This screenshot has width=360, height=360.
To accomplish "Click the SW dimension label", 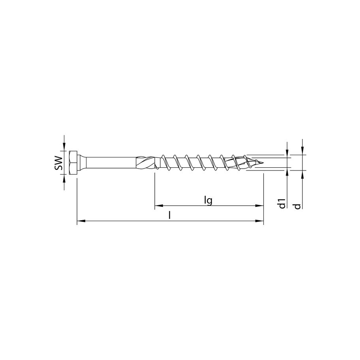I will coord(58,163).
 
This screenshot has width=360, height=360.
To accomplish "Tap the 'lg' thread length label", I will coord(208,200).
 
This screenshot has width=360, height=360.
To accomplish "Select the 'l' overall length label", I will coord(170,215).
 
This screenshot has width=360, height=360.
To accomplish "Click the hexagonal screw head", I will coord(73,163).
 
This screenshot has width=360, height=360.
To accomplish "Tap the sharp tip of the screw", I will coord(262,162).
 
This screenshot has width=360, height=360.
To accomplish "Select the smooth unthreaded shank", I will coord(111,163).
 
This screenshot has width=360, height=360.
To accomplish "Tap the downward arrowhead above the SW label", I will coord(64,148).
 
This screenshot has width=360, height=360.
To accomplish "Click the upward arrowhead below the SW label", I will coord(64,178).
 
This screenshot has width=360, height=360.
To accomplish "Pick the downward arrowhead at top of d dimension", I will coord(302,152).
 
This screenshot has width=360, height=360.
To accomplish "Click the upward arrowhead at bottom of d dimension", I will coord(302,173).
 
